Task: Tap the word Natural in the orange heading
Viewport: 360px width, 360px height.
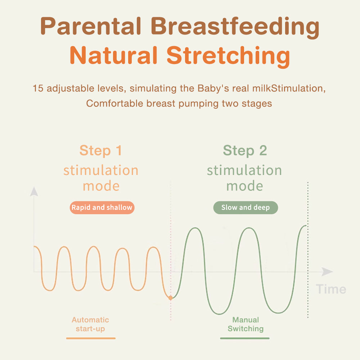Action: pyautogui.click(x=114, y=55)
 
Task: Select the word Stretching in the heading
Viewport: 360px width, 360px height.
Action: pyautogui.click(x=228, y=57)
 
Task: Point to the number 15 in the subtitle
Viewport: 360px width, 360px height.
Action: pyautogui.click(x=38, y=89)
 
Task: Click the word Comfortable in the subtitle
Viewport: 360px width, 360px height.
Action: pyautogui.click(x=114, y=103)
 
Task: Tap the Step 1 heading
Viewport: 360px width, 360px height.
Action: pyautogui.click(x=100, y=150)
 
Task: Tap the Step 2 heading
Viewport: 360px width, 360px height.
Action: pyautogui.click(x=245, y=150)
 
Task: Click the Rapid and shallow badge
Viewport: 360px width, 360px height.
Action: pyautogui.click(x=102, y=208)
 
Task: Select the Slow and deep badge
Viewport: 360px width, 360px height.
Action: pyautogui.click(x=246, y=208)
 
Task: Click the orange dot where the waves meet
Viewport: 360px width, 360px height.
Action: pyautogui.click(x=170, y=298)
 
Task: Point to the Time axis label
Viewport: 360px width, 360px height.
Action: pyautogui.click(x=331, y=289)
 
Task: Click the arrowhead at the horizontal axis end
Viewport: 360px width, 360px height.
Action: pyautogui.click(x=327, y=271)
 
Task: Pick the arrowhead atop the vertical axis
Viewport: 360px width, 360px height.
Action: pyautogui.click(x=34, y=192)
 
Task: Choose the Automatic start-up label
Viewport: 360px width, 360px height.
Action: pyautogui.click(x=90, y=324)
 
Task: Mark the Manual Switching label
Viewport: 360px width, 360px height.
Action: pyautogui.click(x=246, y=324)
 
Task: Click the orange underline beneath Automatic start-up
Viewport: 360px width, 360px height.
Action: pyautogui.click(x=91, y=338)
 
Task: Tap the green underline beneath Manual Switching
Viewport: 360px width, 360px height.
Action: pyautogui.click(x=245, y=338)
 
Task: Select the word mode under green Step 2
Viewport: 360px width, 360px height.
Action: pyautogui.click(x=245, y=186)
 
